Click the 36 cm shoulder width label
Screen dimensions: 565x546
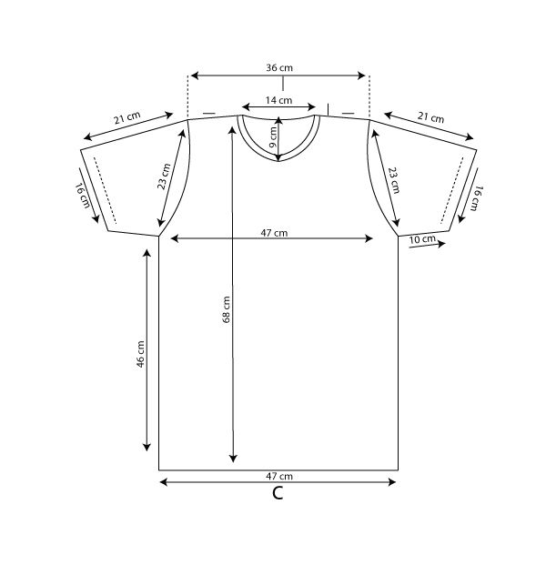pos(278,68)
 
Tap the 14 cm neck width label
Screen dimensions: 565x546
pos(278,100)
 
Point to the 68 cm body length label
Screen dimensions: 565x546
pos(227,310)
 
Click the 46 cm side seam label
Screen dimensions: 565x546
pos(140,353)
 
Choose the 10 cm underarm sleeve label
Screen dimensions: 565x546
pos(422,239)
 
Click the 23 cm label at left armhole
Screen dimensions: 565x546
pos(165,176)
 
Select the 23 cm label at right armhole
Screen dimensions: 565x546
pos(393,178)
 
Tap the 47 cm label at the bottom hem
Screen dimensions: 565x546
pos(278,476)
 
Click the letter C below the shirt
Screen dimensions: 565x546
pos(278,494)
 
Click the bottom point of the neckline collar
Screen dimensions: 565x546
pos(278,162)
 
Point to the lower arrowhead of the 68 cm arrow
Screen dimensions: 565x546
pos(234,457)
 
